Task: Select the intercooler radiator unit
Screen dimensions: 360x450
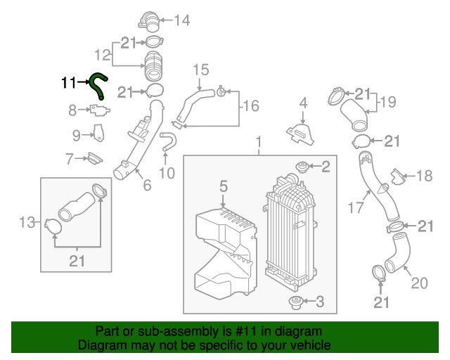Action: (x=290, y=232)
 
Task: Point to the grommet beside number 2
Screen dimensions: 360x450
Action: (x=300, y=168)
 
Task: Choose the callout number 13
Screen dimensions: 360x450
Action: (x=27, y=224)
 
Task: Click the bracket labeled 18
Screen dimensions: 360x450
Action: (x=399, y=175)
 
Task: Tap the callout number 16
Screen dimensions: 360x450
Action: (x=250, y=106)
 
